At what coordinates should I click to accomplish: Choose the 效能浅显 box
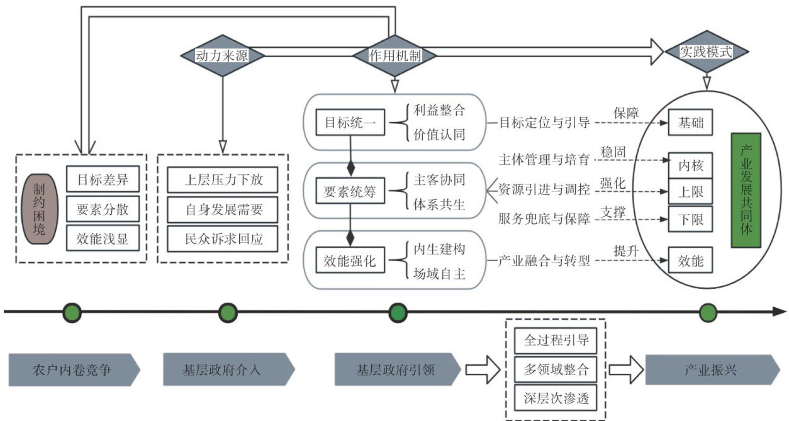pyautogui.click(x=102, y=239)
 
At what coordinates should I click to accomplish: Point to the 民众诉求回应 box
pyautogui.click(x=223, y=239)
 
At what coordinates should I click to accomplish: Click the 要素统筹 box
pyautogui.click(x=349, y=193)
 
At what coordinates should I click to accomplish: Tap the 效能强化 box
pyautogui.click(x=349, y=261)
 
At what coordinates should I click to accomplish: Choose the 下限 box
pyautogui.click(x=690, y=220)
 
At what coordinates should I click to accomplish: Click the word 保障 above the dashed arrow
pyautogui.click(x=626, y=113)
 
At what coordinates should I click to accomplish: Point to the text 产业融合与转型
pyautogui.click(x=544, y=261)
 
